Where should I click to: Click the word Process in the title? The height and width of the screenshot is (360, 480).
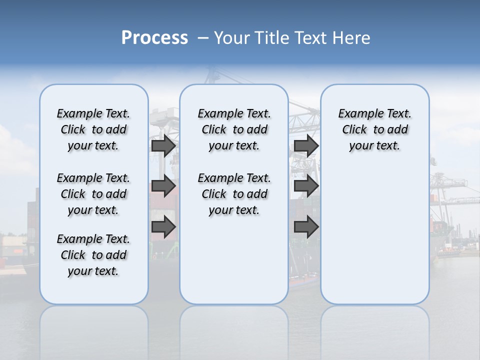[154, 38]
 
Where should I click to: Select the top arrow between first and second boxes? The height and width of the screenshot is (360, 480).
[163, 145]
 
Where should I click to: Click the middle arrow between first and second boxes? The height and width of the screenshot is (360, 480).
[163, 186]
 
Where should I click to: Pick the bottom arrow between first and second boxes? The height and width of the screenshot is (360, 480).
[163, 227]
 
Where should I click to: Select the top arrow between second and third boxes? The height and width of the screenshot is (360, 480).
[306, 145]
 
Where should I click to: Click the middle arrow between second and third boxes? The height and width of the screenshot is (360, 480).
[306, 186]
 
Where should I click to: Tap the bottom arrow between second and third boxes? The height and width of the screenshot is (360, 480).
[306, 227]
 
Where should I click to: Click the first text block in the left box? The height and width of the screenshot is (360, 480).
[93, 129]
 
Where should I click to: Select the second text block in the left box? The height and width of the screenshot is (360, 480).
[93, 194]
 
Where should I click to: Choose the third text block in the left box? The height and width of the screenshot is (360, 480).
[93, 255]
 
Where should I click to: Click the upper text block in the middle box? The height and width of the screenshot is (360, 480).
[234, 129]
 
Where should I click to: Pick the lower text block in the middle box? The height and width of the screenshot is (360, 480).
[234, 194]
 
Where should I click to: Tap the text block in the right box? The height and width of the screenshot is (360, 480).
[375, 129]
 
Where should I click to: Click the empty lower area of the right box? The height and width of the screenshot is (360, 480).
[375, 235]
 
